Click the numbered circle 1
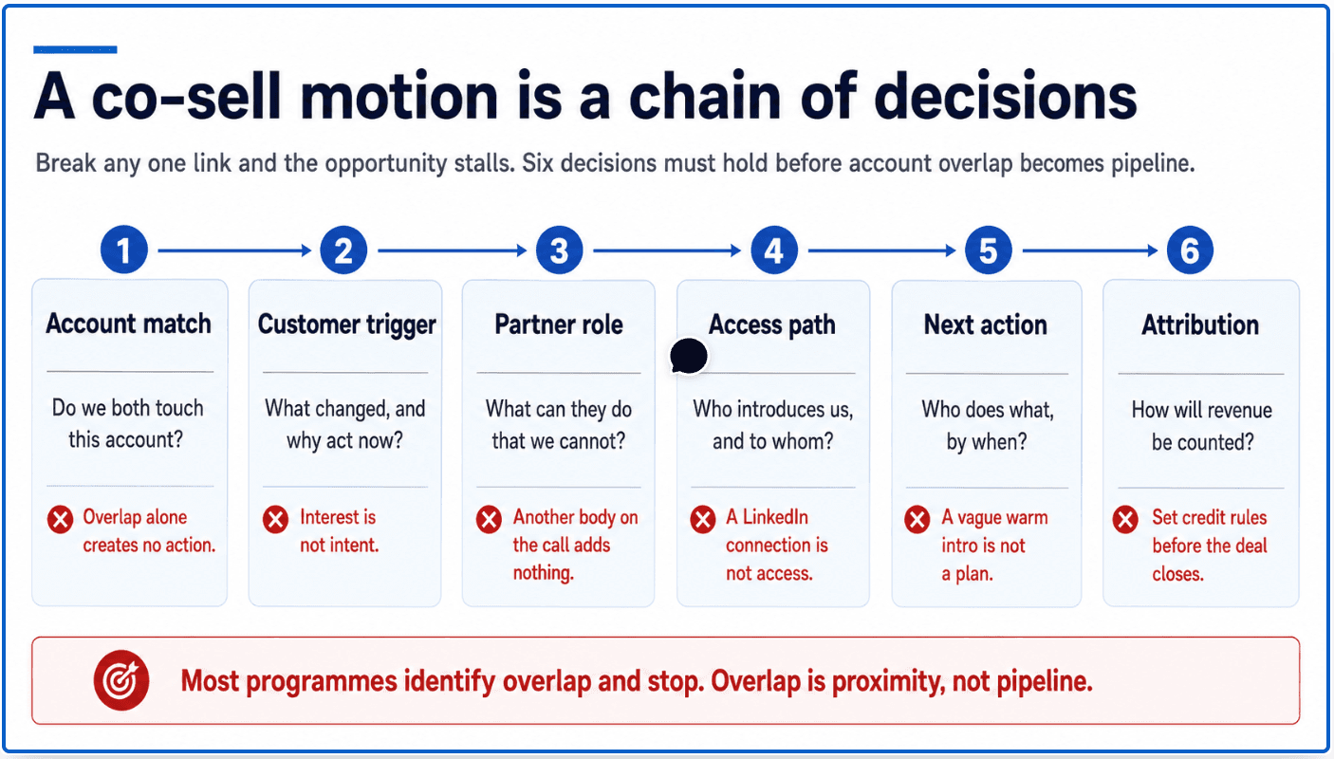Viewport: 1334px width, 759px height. (x=124, y=250)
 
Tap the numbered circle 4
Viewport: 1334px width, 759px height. (x=773, y=250)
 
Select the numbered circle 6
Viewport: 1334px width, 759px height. (x=1189, y=250)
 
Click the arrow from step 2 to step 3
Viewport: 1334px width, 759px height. (x=452, y=250)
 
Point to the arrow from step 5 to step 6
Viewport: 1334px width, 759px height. (x=1090, y=250)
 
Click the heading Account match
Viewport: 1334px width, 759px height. (x=129, y=324)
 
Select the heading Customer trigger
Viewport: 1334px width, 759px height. (x=346, y=325)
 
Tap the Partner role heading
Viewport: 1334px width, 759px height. (x=559, y=325)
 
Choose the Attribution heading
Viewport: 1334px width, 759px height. (x=1200, y=325)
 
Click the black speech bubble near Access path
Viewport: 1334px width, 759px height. (x=689, y=356)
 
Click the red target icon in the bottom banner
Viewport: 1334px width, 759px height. (x=120, y=680)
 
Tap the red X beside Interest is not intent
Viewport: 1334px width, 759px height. (x=275, y=519)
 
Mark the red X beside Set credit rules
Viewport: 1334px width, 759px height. (x=1125, y=519)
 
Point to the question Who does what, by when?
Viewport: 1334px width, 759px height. (x=988, y=426)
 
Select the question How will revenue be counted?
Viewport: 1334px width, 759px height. (x=1202, y=426)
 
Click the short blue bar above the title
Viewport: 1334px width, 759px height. (x=75, y=49)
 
